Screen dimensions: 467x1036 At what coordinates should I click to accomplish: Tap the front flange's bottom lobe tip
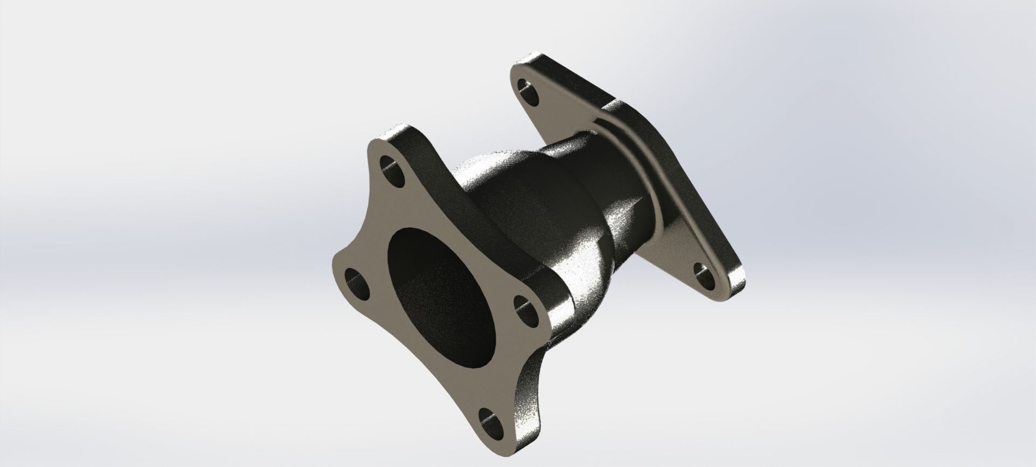502,442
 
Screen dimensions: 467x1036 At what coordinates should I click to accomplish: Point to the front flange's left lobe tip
337,280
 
